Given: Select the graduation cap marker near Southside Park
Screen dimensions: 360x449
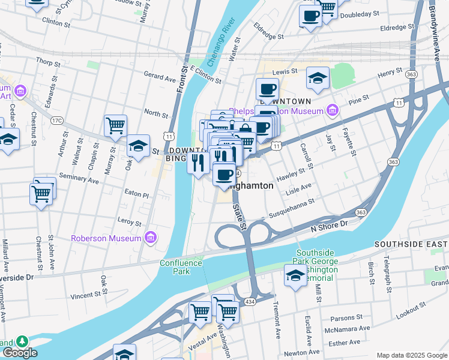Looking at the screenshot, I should point(295,276).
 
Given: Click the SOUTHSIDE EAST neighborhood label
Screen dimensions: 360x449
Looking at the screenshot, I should point(411,244).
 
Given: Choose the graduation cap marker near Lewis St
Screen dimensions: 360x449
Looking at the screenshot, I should point(318,78).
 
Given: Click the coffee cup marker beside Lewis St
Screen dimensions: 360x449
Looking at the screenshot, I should point(267,89).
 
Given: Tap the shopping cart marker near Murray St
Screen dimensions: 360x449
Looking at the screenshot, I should point(115,126).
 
